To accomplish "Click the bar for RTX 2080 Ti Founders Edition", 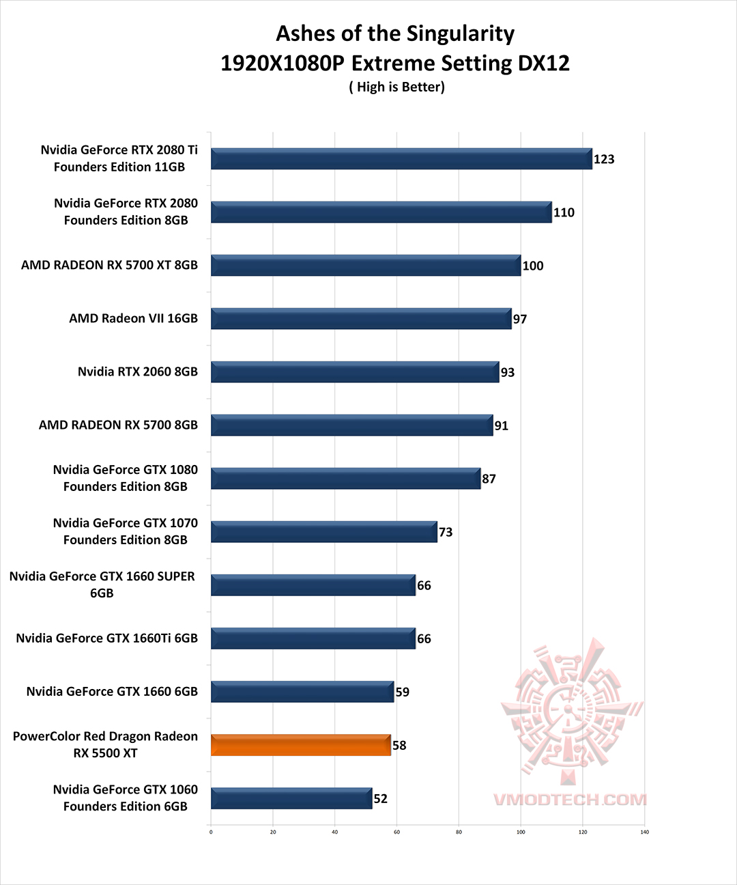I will click(401, 159).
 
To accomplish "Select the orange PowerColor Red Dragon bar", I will click(301, 745).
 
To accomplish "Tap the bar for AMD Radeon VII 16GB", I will click(361, 319).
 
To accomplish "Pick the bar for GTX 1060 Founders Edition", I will click(291, 798).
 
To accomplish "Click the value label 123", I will click(604, 159).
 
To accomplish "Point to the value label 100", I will click(533, 266).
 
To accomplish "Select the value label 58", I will click(399, 745).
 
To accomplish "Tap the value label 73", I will click(446, 532).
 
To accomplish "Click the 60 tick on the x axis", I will click(396, 832).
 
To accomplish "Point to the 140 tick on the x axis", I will click(644, 832).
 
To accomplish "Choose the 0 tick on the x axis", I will click(211, 832).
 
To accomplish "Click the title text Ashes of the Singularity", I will click(395, 33).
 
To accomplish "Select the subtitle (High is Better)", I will click(396, 87).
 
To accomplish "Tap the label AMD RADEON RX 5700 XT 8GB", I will click(109, 265).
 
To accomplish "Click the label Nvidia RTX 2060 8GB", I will click(138, 371).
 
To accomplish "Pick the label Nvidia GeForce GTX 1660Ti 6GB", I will click(107, 638).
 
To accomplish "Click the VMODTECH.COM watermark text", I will click(570, 800).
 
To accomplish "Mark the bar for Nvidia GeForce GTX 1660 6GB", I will click(302, 692).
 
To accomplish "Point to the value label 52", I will click(381, 798).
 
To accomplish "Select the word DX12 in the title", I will click(543, 64).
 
